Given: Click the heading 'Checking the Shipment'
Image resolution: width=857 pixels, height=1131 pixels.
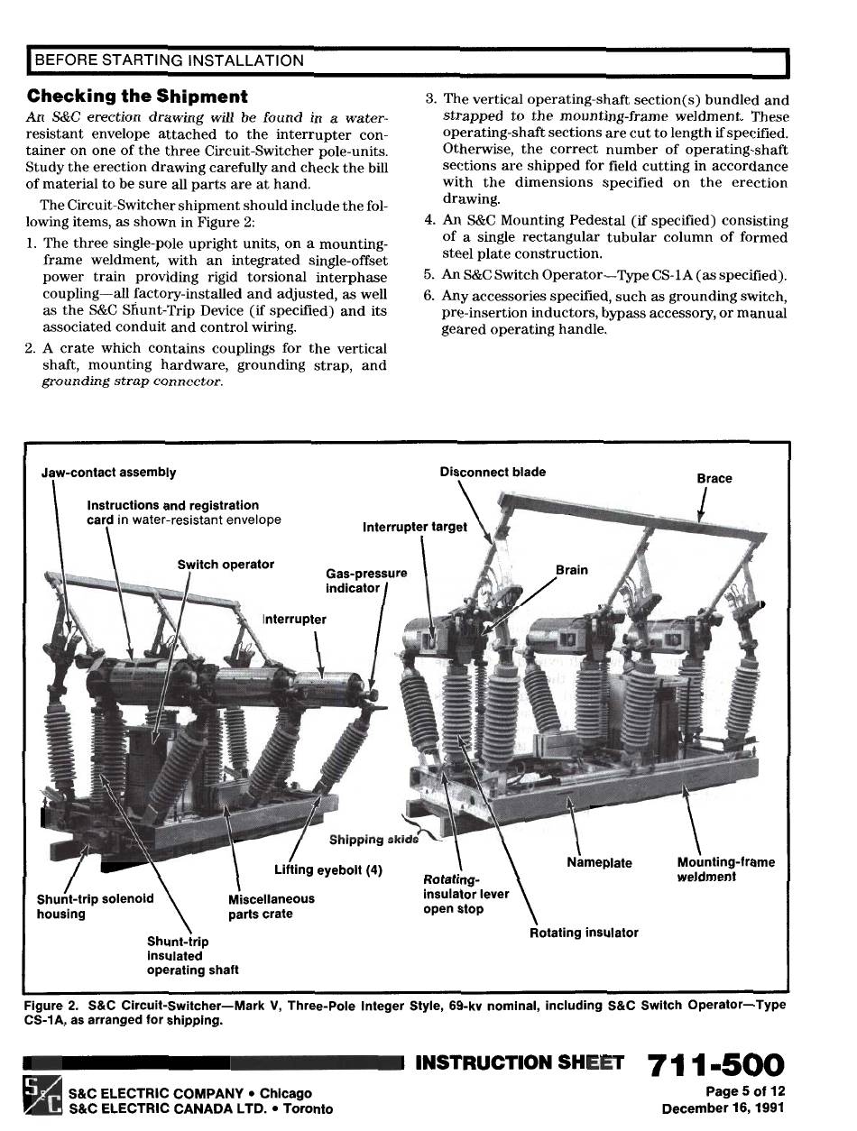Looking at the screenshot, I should click(137, 96).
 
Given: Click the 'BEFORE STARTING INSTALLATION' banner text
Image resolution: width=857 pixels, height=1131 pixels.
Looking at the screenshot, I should click(169, 61).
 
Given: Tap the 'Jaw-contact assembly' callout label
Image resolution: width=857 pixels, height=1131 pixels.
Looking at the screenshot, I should click(109, 473).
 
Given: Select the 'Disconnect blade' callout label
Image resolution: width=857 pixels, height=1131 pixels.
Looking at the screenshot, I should click(493, 472).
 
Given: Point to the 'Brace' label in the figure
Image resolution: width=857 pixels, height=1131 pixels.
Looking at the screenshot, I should click(714, 478).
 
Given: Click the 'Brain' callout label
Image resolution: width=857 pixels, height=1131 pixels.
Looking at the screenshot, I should click(572, 570).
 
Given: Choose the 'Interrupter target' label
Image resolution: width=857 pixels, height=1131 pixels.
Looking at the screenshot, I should click(415, 527).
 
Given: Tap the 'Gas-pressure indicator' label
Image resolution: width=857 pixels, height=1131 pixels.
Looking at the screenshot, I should click(365, 580).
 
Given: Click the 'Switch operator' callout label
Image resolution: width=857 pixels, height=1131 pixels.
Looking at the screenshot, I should click(226, 565).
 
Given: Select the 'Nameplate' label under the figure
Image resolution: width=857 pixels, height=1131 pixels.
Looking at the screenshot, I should click(599, 863).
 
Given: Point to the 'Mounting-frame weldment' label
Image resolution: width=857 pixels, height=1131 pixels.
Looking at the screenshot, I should click(725, 869).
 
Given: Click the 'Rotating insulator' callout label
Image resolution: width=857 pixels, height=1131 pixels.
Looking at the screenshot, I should click(584, 933).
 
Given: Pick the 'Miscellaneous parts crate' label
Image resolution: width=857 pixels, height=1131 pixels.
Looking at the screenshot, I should click(272, 906).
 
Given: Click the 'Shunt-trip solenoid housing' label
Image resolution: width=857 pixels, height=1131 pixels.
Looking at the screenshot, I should click(95, 906).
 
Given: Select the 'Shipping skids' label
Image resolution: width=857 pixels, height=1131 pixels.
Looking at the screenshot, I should click(373, 840).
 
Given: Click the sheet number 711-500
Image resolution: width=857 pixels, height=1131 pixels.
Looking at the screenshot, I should click(715, 1067).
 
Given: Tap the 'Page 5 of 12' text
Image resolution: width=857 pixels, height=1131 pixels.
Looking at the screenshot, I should click(745, 1092).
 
